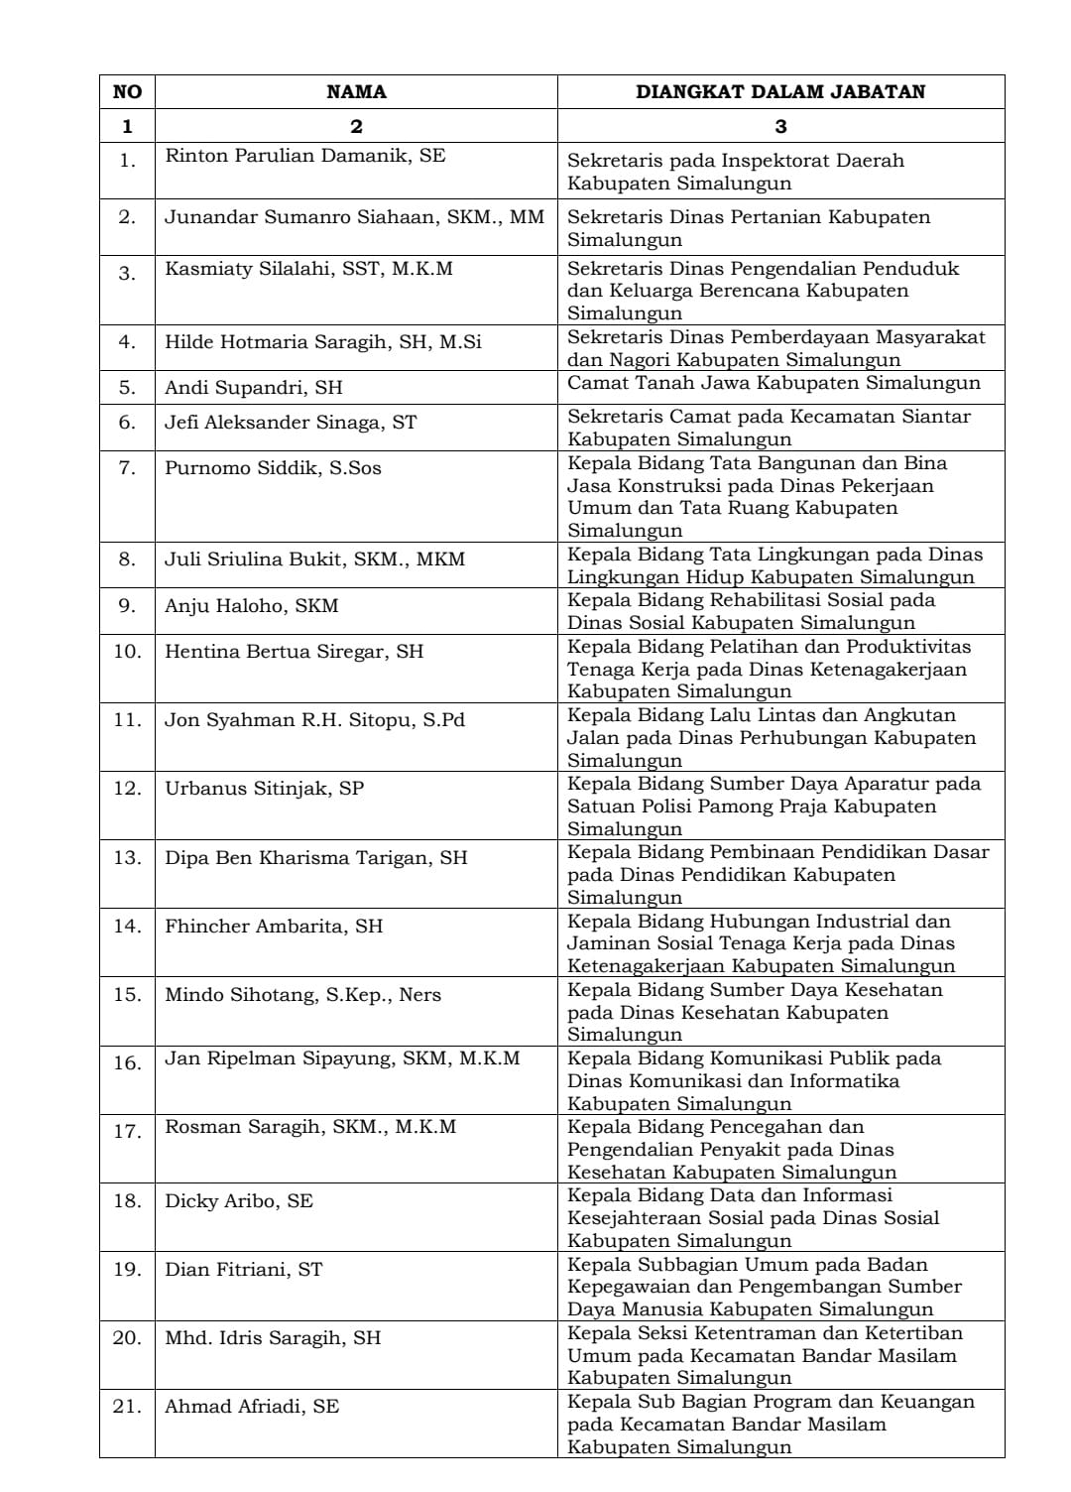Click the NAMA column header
[x=356, y=92]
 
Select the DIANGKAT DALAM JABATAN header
[x=779, y=92]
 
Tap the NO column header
[x=127, y=92]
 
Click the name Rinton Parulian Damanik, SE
[x=304, y=156]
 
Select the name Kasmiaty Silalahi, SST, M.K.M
[x=308, y=269]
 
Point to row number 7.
[x=127, y=468]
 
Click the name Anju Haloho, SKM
[x=251, y=606]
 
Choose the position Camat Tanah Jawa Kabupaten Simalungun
[x=773, y=384]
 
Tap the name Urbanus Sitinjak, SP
[x=264, y=789]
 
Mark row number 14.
[x=127, y=927]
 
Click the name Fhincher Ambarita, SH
[x=274, y=927]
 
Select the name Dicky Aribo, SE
[x=238, y=1201]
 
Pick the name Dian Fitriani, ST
[x=243, y=1270]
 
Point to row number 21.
[x=127, y=1407]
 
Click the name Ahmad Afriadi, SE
[x=252, y=1407]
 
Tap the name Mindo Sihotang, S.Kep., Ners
[x=302, y=995]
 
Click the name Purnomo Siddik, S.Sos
[x=273, y=468]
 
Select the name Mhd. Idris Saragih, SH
[x=273, y=1338]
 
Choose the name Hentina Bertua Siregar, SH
[x=294, y=652]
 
